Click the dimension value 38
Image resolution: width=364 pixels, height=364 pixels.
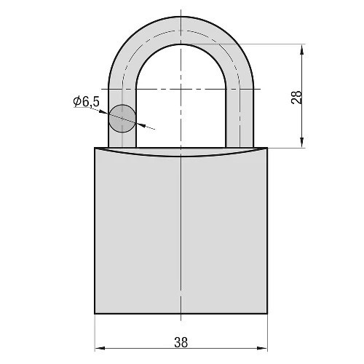(x=181, y=342)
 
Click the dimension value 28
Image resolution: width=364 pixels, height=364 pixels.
(x=297, y=97)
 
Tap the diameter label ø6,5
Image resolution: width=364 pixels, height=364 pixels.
(x=87, y=102)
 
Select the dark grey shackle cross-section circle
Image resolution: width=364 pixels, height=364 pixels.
(x=122, y=119)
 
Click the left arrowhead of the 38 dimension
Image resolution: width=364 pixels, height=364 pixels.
(x=100, y=348)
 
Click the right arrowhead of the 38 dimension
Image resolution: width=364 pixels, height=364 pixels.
(x=262, y=348)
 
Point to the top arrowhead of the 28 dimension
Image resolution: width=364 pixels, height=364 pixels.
(x=301, y=50)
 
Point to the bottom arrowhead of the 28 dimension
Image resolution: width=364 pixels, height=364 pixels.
(x=301, y=142)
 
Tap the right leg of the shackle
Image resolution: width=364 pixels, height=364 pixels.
(x=240, y=116)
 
